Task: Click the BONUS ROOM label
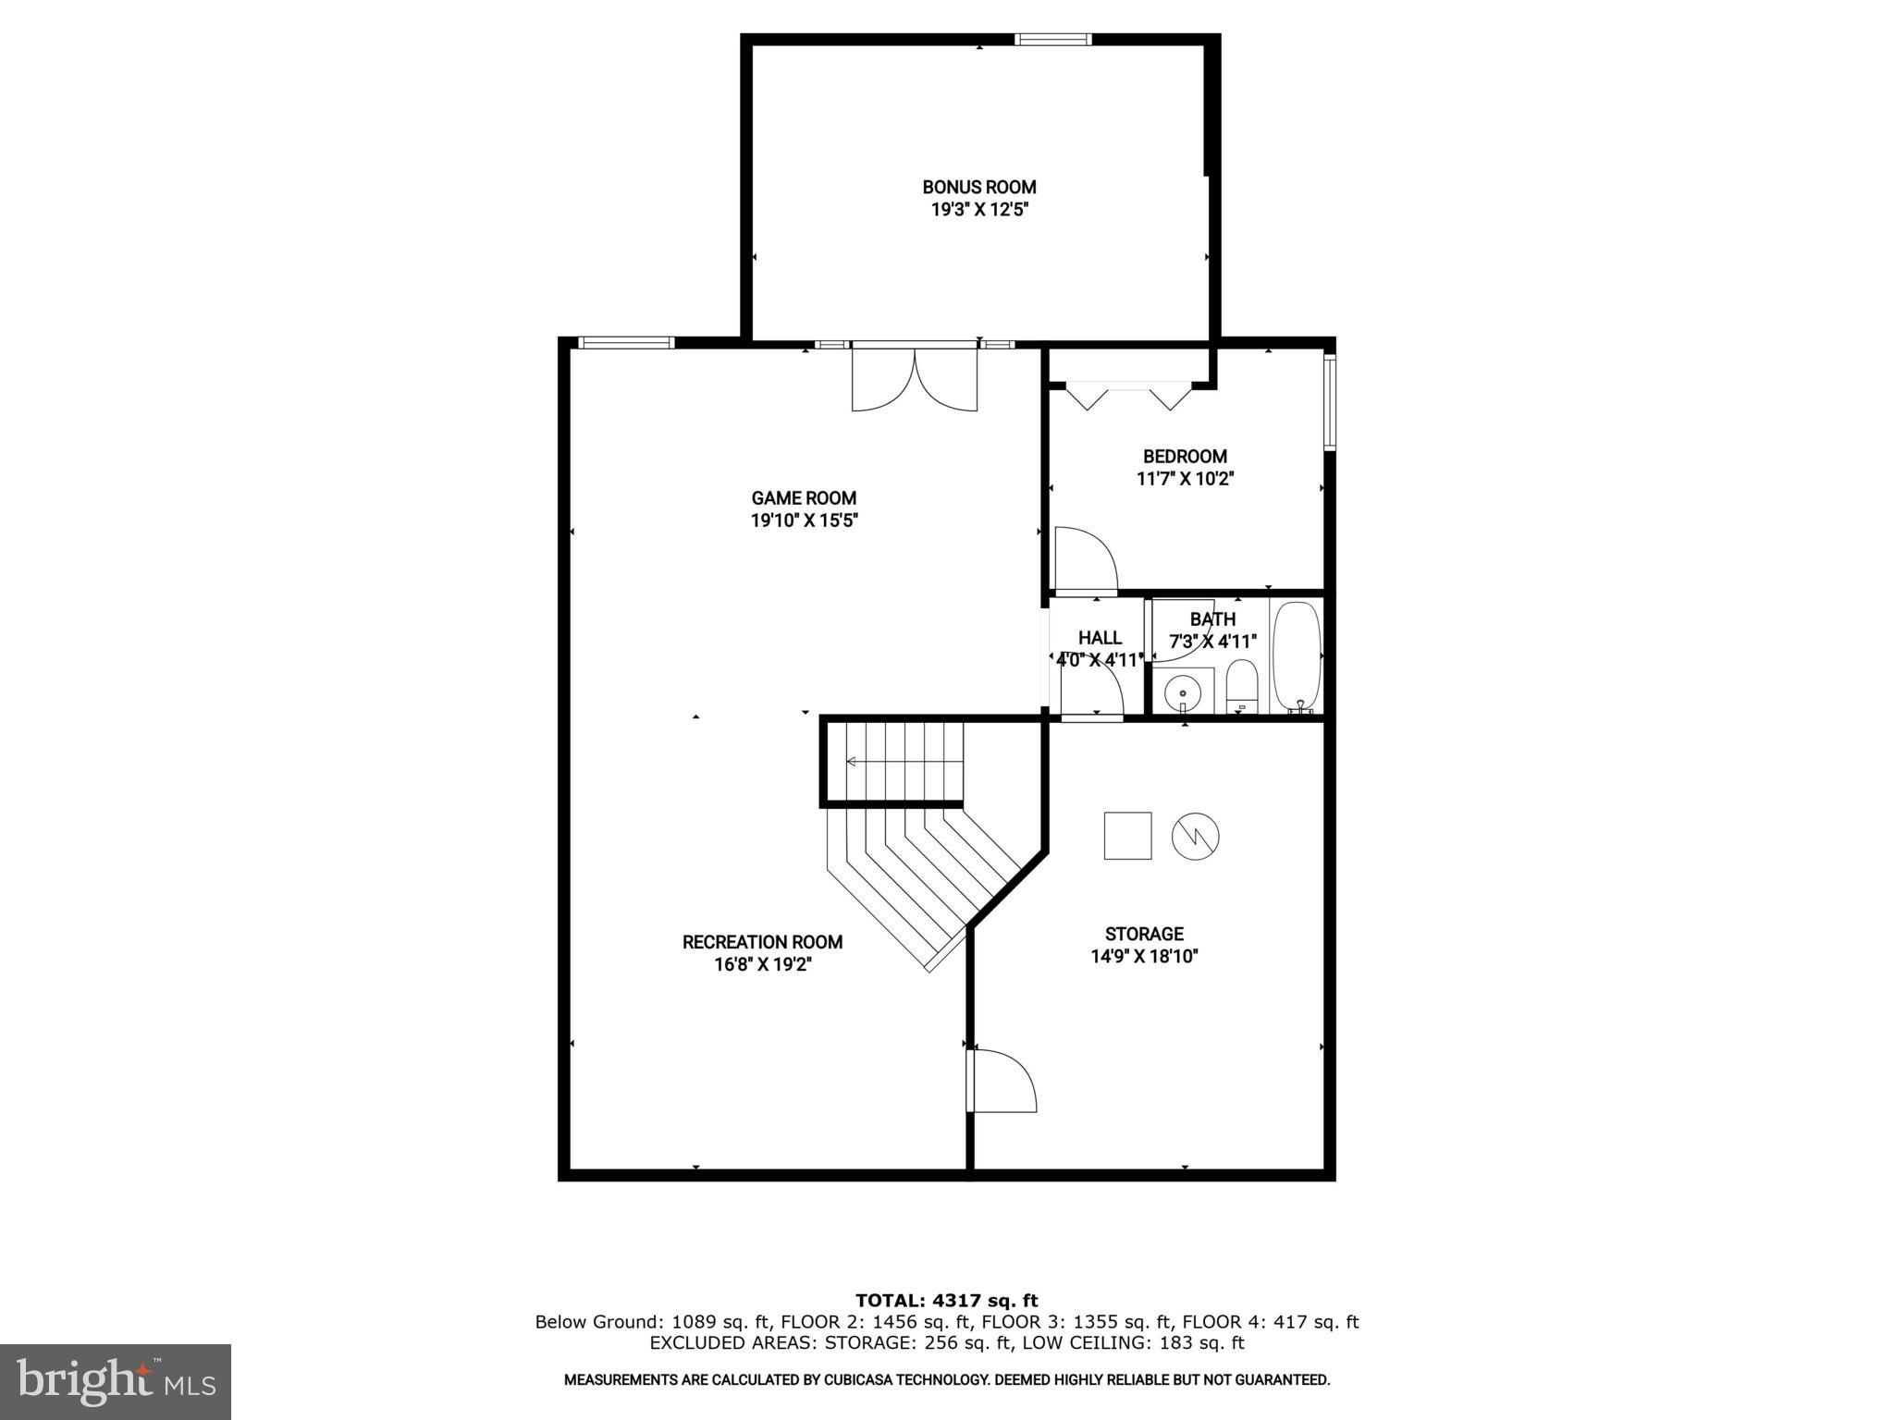[979, 187]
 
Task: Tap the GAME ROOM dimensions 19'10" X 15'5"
[805, 520]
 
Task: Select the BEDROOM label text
[1185, 456]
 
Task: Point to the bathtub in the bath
[1297, 656]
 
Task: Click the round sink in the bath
[1182, 692]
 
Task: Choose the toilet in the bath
[1242, 687]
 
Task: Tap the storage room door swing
[1003, 1081]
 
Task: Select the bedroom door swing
[1086, 558]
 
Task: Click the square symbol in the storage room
[1127, 836]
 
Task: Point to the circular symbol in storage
[1195, 837]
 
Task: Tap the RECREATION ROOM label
[762, 942]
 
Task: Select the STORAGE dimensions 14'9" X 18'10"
[1144, 957]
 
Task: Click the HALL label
[1100, 638]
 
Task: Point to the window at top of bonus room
[1052, 39]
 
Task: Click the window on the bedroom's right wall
[1330, 402]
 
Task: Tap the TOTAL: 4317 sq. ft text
[946, 1302]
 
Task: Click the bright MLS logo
[116, 1381]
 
